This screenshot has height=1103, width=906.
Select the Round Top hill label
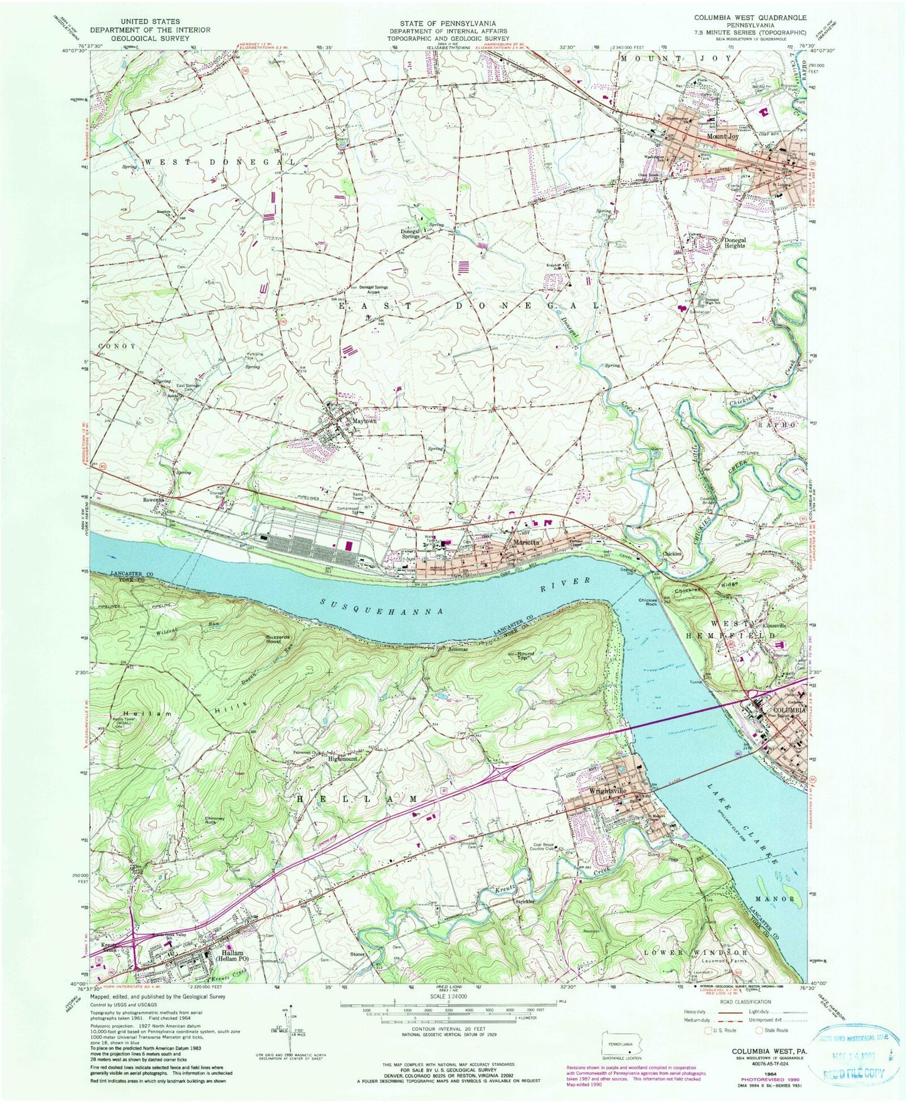[525, 656]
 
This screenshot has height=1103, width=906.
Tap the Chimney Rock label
[214, 821]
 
